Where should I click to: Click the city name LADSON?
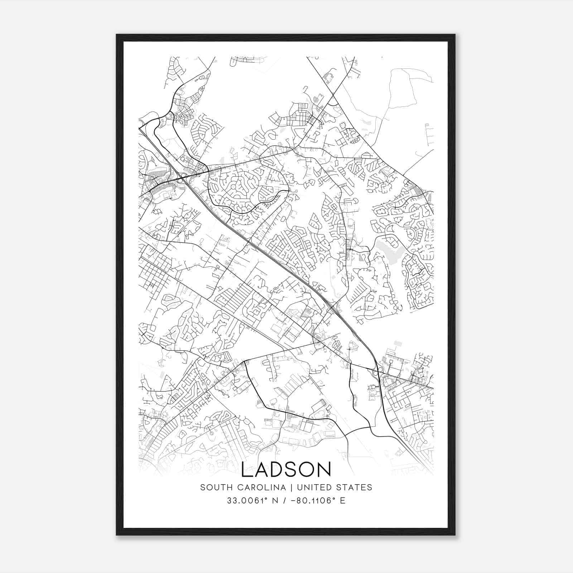286,470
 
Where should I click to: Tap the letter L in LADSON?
247,470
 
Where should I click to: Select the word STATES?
355,487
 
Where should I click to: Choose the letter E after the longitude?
343,501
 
